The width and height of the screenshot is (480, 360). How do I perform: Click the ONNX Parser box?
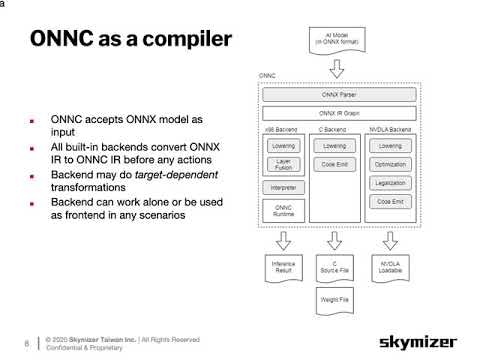click(337, 96)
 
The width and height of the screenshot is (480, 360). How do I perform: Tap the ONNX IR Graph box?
click(337, 113)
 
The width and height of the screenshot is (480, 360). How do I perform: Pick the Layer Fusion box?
click(283, 165)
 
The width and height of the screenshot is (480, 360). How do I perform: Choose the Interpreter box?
click(283, 187)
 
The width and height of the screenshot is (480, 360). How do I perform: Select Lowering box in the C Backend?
click(336, 146)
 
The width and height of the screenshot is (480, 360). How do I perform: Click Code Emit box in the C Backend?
click(336, 163)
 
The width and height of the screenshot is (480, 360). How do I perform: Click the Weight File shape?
click(336, 298)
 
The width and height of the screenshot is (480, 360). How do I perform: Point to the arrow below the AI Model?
click(337, 66)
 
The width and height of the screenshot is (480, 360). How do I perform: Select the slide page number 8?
click(26, 340)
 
